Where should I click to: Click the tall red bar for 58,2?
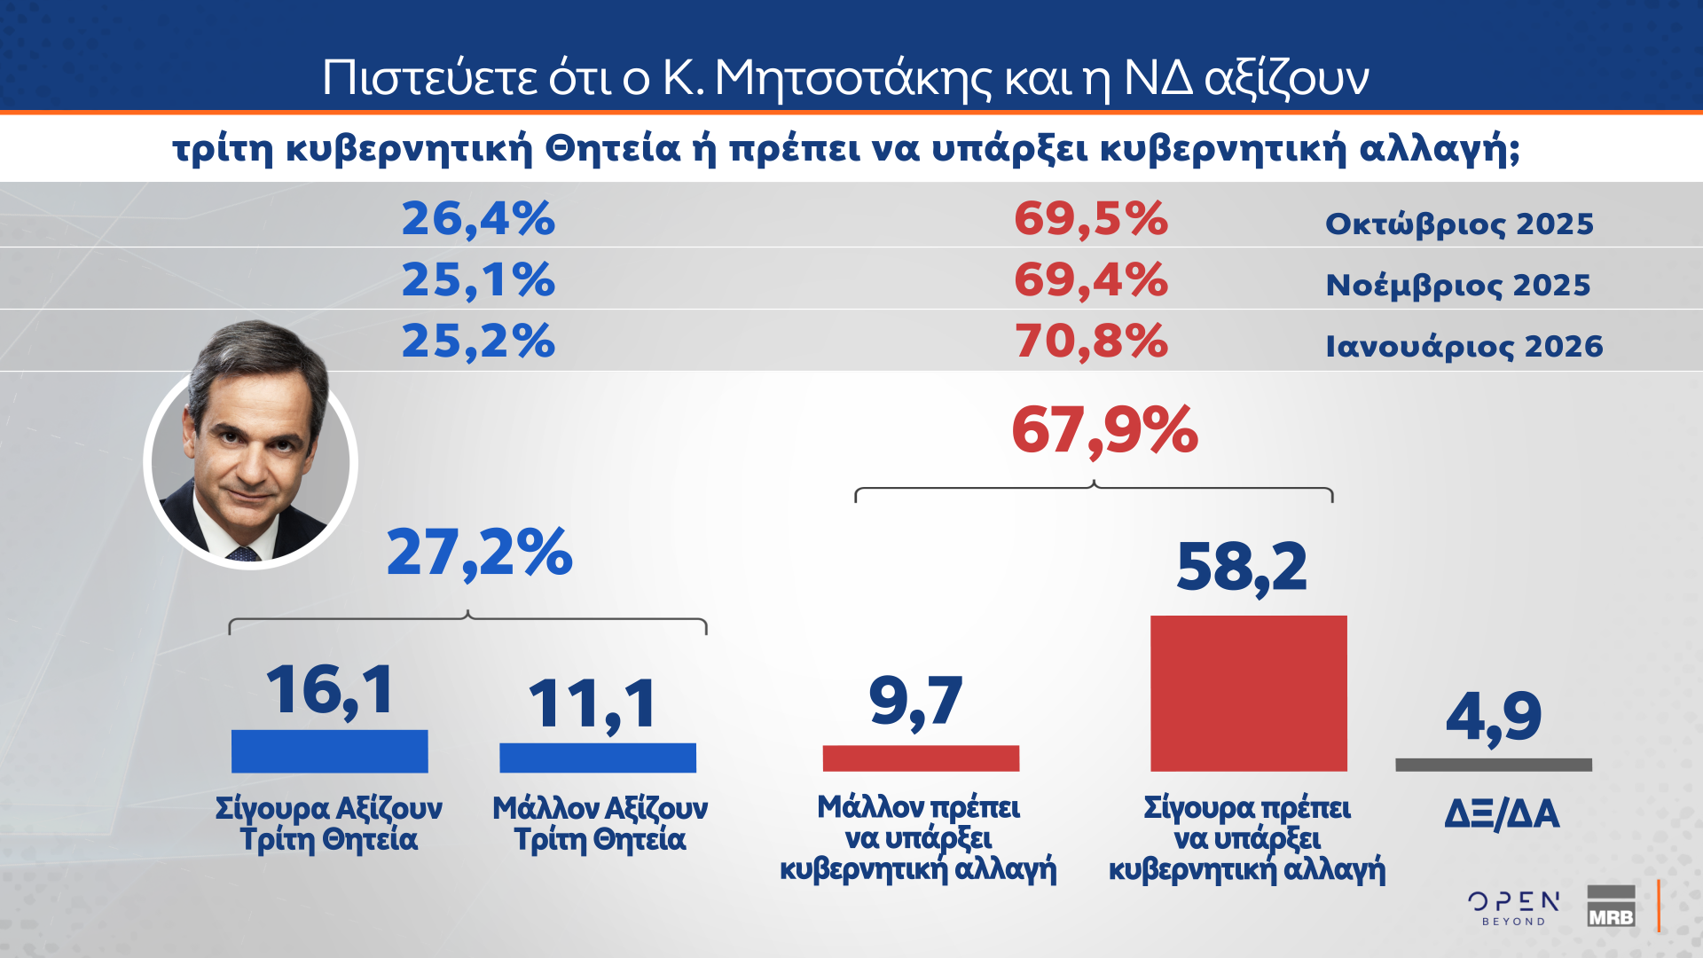point(1248,693)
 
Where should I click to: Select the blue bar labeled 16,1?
point(329,750)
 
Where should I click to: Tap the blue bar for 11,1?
point(597,757)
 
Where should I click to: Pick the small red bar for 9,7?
point(921,758)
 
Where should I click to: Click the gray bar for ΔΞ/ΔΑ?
point(1493,764)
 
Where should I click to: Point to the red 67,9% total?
point(1104,431)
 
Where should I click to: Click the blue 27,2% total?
point(479,553)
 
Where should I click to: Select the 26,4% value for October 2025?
point(478,218)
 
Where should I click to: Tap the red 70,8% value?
point(1090,341)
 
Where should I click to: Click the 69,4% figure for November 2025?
point(1090,279)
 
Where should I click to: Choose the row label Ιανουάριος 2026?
point(1464,346)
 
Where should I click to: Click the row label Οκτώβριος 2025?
point(1459,224)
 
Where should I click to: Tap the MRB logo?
point(1611,907)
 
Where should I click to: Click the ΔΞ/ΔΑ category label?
point(1501,813)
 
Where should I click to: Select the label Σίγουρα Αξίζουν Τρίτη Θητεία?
point(329,823)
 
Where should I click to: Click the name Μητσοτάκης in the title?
point(852,78)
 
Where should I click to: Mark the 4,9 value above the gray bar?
point(1494,717)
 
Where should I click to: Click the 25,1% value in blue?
point(478,279)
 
